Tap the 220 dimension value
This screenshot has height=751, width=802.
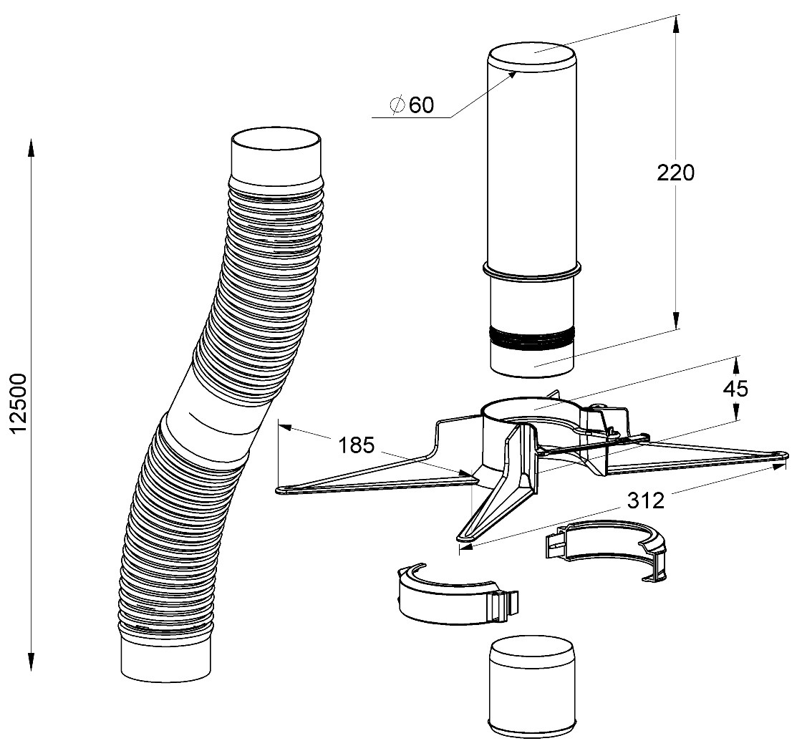(675, 173)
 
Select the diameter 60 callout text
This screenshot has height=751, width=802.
(412, 105)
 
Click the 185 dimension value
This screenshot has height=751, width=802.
(356, 446)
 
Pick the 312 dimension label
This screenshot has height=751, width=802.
(646, 500)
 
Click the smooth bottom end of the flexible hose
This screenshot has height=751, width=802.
(167, 659)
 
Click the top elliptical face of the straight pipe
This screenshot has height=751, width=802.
(531, 57)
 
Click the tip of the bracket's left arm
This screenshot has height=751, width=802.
(283, 490)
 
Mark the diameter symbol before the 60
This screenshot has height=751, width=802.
(397, 105)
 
